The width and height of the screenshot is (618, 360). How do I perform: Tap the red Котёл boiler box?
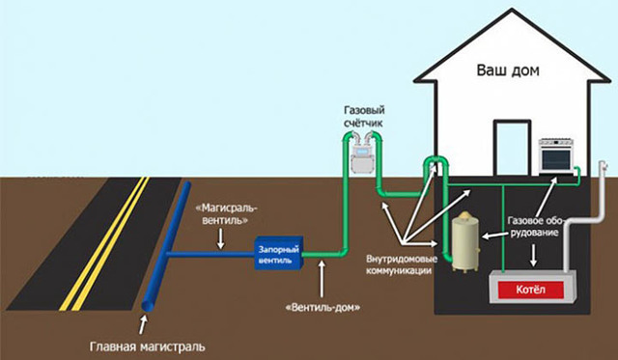(531, 287)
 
